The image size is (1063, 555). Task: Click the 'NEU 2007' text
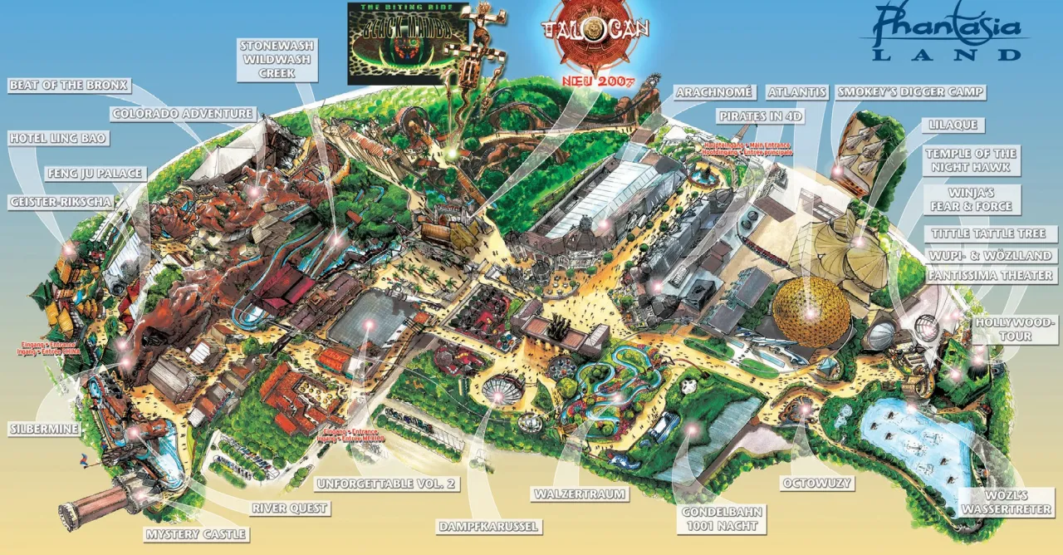[x=598, y=81]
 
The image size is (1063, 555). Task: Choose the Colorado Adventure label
[x=182, y=114]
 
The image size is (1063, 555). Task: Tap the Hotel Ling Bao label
[x=58, y=139]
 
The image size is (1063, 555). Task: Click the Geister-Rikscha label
[x=63, y=202]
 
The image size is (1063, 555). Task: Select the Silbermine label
[x=44, y=429]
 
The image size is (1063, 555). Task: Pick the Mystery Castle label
[x=196, y=533]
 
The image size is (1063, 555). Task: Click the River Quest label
[x=290, y=508]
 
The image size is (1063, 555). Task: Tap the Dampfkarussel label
[x=489, y=526]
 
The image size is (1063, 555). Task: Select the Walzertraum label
[x=580, y=494]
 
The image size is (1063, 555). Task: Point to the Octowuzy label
[x=818, y=483]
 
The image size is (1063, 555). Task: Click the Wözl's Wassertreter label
[x=1007, y=501]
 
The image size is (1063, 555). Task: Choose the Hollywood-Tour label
[x=1016, y=329]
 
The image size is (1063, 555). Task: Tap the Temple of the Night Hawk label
[x=971, y=160]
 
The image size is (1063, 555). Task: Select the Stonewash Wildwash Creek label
[x=277, y=60]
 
